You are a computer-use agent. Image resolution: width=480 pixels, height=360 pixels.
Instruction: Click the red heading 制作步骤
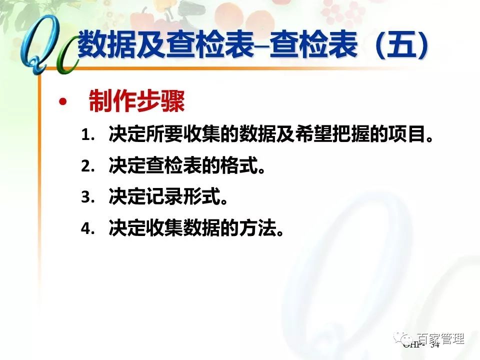(x=136, y=102)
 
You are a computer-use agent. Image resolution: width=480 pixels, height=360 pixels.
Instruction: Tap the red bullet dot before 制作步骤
(x=62, y=102)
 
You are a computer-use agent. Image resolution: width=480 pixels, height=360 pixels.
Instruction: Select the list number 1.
(x=87, y=135)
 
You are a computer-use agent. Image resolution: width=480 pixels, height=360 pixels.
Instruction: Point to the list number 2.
(x=87, y=166)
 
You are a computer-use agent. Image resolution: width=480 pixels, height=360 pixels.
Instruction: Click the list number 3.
(x=87, y=197)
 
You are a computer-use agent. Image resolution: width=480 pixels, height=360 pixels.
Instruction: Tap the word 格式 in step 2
(x=236, y=166)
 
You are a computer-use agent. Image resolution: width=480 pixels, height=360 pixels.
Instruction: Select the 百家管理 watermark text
(x=440, y=338)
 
